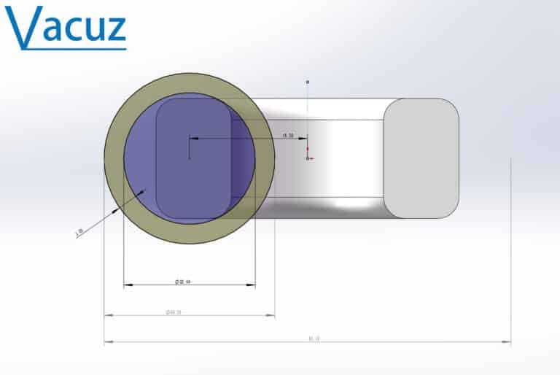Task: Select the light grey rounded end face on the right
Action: click(421, 158)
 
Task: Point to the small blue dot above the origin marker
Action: click(308, 82)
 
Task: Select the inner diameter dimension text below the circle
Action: click(182, 281)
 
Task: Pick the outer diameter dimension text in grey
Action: click(173, 312)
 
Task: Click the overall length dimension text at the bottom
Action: click(314, 338)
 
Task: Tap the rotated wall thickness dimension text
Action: click(79, 231)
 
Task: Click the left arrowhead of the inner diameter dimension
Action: click(127, 285)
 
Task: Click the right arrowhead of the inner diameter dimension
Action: click(252, 285)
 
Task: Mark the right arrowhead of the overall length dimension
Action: click(507, 341)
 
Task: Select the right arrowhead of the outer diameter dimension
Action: click(271, 315)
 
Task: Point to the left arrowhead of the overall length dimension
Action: click(108, 341)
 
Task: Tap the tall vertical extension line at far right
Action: click(510, 248)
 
